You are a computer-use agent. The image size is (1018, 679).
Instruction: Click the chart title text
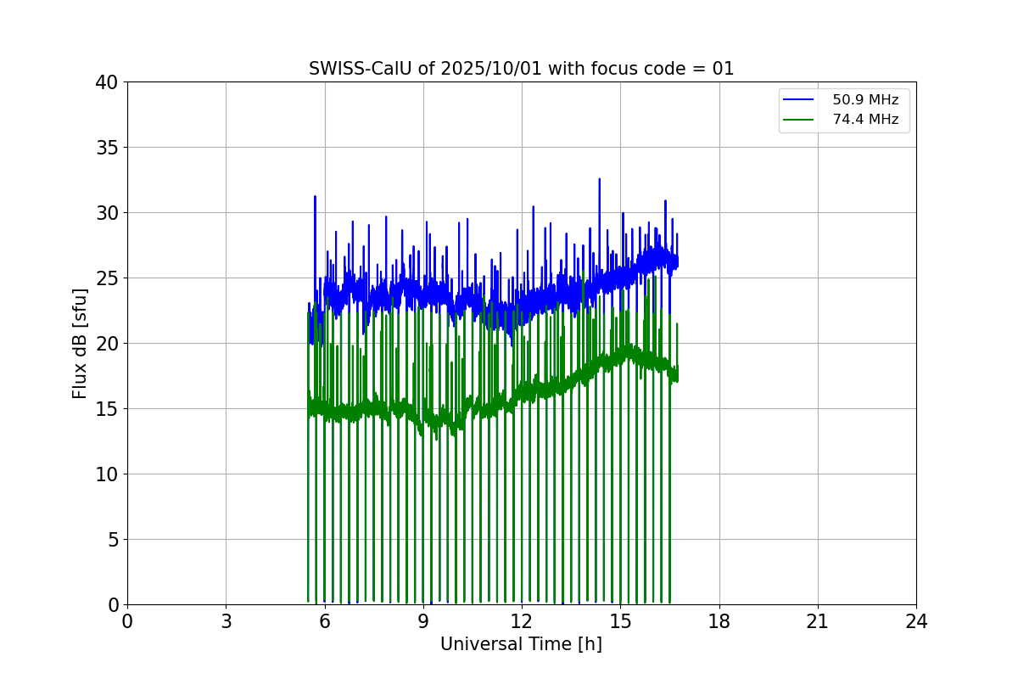point(521,69)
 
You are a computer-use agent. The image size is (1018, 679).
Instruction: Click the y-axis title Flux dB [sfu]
point(80,343)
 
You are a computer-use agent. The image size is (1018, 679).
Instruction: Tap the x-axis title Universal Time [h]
point(521,644)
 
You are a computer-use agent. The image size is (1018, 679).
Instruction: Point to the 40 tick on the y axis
point(107,82)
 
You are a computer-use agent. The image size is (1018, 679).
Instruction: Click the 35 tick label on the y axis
point(107,148)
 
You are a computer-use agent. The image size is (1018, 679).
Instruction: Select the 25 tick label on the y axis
point(107,278)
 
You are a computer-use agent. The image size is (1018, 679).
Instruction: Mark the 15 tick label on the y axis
point(107,409)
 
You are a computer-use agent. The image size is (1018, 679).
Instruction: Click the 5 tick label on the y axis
point(112,540)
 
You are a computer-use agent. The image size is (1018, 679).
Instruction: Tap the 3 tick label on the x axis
point(226,621)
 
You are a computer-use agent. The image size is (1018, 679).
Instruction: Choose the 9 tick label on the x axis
point(423,621)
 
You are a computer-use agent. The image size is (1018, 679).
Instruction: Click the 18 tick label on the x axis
point(719,621)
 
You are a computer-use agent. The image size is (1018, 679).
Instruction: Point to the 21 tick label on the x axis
point(818,621)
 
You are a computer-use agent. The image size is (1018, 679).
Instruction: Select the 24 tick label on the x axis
point(916,621)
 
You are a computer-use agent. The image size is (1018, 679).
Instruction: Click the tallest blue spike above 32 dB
point(600,181)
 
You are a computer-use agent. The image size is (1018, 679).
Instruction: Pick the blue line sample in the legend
point(799,100)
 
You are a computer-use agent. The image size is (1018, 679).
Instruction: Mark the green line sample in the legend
point(799,120)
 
